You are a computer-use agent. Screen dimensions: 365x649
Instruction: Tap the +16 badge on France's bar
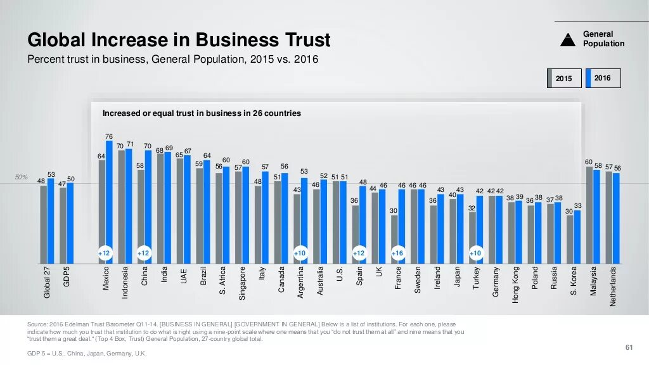[x=397, y=253]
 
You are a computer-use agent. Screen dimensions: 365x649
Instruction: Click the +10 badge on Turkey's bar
[x=475, y=253]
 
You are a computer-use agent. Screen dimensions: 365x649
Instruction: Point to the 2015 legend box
[x=563, y=78]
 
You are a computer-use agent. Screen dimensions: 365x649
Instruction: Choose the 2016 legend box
[x=603, y=78]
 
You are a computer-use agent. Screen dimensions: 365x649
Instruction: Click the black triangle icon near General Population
[x=568, y=40]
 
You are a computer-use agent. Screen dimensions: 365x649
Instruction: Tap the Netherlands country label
[x=613, y=286]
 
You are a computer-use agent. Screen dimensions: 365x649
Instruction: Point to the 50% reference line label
[x=22, y=177]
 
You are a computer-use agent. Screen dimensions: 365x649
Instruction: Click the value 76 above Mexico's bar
[x=109, y=136]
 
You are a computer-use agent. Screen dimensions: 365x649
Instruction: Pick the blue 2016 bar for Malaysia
[x=596, y=216]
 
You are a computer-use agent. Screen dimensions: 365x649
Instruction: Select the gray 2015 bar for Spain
[x=355, y=234]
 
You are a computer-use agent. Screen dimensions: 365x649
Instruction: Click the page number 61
[x=629, y=347]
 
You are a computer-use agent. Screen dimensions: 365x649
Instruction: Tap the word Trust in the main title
[x=305, y=40]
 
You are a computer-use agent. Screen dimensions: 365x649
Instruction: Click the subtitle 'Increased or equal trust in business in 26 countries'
[x=202, y=113]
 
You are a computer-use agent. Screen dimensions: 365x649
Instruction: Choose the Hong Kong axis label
[x=515, y=285]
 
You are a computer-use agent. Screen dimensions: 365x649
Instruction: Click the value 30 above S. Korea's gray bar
[x=569, y=211]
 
